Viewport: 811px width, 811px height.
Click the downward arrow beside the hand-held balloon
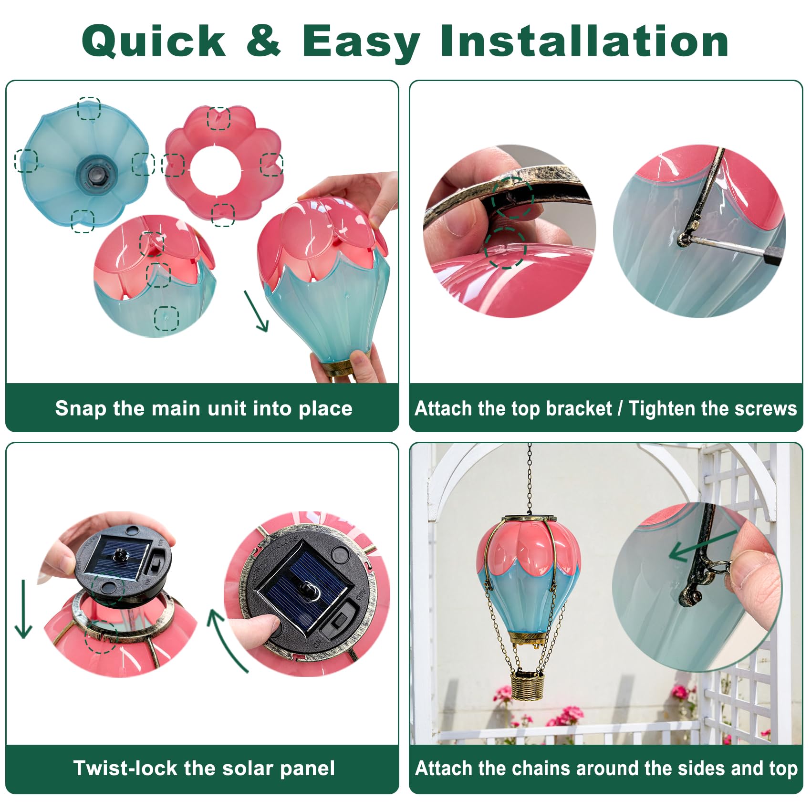pyautogui.click(x=256, y=311)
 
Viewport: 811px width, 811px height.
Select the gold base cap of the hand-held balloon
pyautogui.click(x=340, y=368)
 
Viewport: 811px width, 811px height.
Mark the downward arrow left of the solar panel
pyautogui.click(x=23, y=609)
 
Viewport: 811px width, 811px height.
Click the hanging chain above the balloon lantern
pyautogui.click(x=529, y=479)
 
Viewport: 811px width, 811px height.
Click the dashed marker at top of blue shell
pyautogui.click(x=89, y=108)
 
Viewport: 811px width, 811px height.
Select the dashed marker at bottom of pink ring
pyautogui.click(x=223, y=214)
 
